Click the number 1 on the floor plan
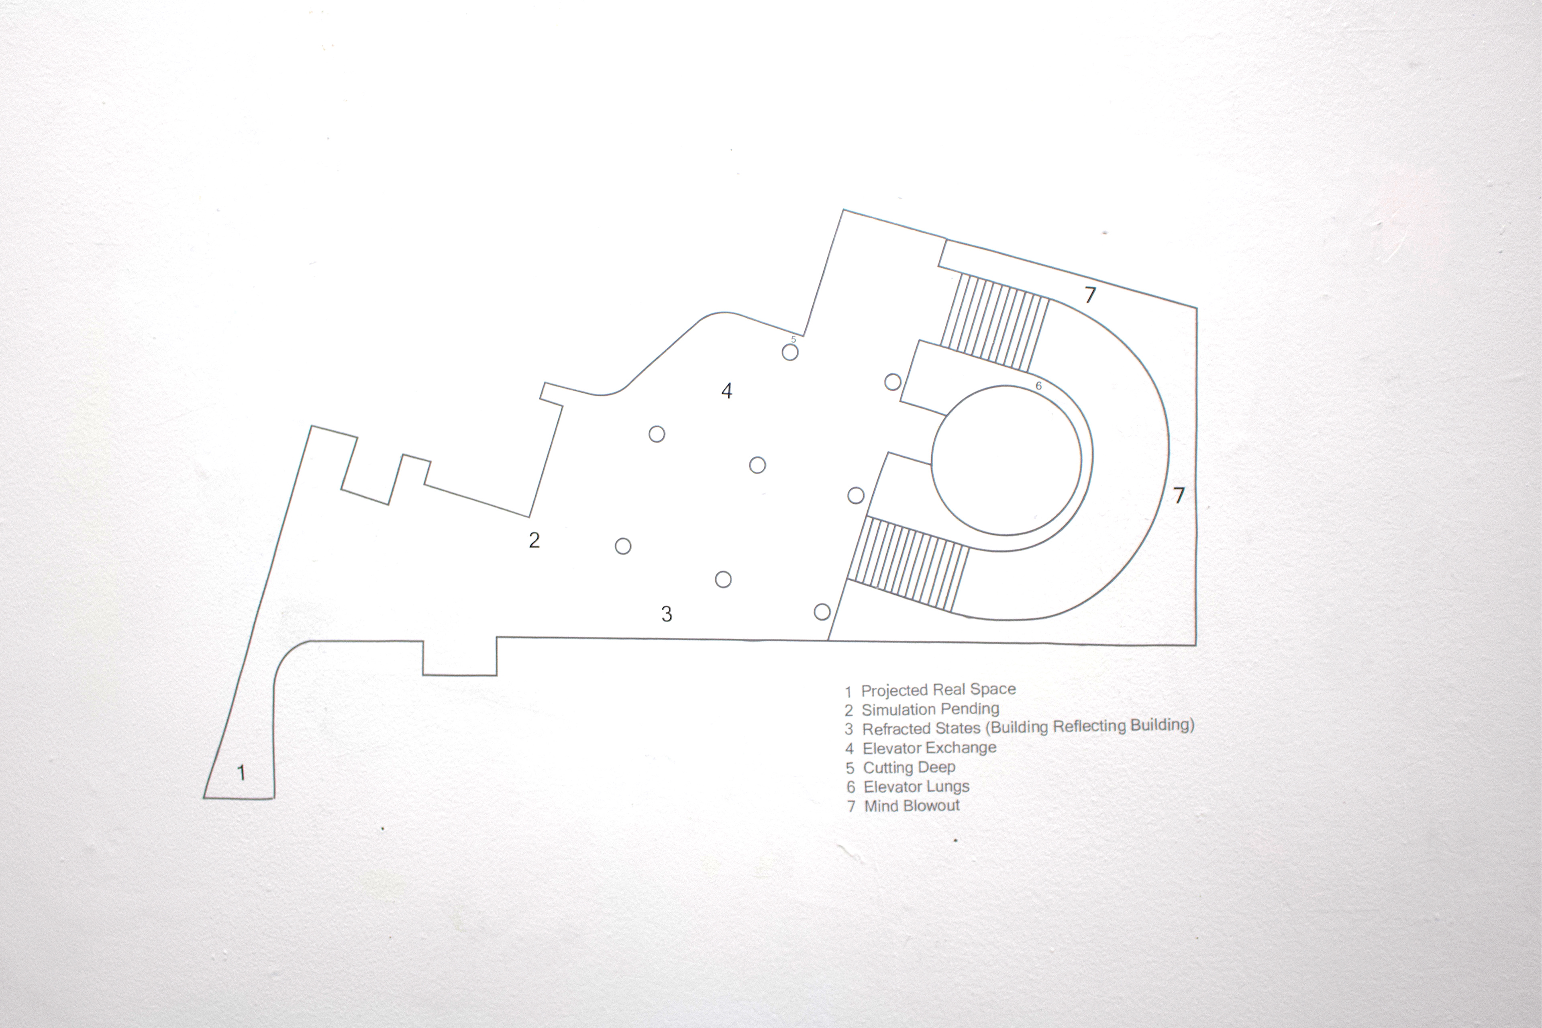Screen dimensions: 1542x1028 click(241, 773)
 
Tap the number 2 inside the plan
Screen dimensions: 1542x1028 click(534, 540)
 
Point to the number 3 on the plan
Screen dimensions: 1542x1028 click(667, 614)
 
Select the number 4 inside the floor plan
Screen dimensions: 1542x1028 click(726, 391)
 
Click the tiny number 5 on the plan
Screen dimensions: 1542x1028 click(793, 339)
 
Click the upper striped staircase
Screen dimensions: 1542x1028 click(995, 322)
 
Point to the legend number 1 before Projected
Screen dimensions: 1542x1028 click(848, 692)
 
